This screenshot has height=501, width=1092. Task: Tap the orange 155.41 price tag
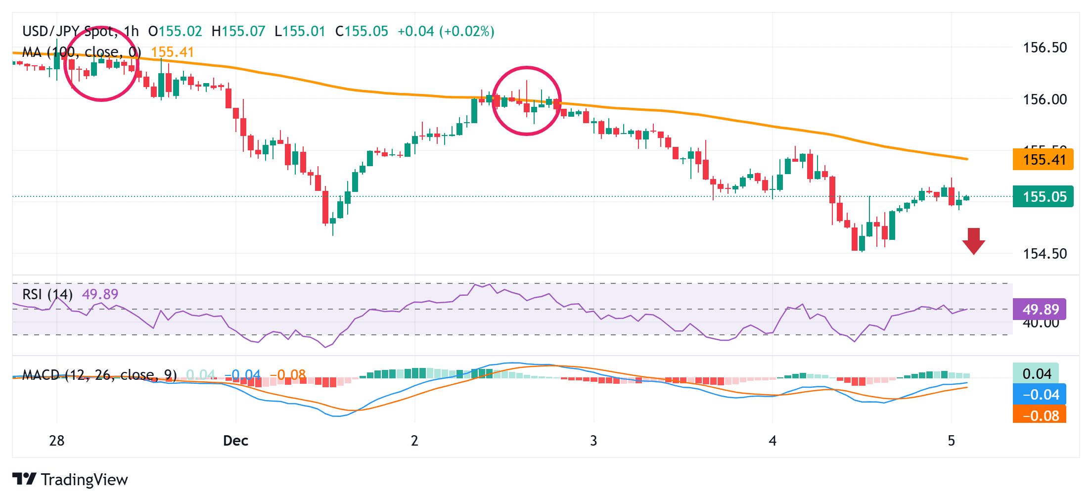pos(1043,160)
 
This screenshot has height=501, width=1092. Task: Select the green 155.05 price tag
pos(1043,197)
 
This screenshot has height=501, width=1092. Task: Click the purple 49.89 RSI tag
pos(1040,310)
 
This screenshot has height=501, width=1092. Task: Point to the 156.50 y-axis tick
pos(1045,48)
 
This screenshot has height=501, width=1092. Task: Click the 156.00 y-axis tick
pos(1045,99)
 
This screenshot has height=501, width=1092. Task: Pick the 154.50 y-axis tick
pos(1045,254)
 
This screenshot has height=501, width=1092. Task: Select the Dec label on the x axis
pos(235,441)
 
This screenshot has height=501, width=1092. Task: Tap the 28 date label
pos(57,441)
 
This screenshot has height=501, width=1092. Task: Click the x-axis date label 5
pos(951,441)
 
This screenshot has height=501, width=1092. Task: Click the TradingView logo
pos(70,479)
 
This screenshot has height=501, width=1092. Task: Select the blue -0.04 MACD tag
pos(1040,395)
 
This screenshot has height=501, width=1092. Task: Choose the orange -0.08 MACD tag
pos(1040,415)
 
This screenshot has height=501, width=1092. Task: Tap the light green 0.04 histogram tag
pos(1036,374)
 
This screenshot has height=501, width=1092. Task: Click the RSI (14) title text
pos(47,295)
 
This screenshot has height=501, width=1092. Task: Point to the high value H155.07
pos(238,32)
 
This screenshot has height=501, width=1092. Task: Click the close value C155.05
pos(362,32)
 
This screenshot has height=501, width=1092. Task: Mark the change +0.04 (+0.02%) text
pos(446,32)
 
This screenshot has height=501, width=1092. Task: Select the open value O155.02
pos(175,32)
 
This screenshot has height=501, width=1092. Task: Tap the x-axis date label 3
pos(593,441)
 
